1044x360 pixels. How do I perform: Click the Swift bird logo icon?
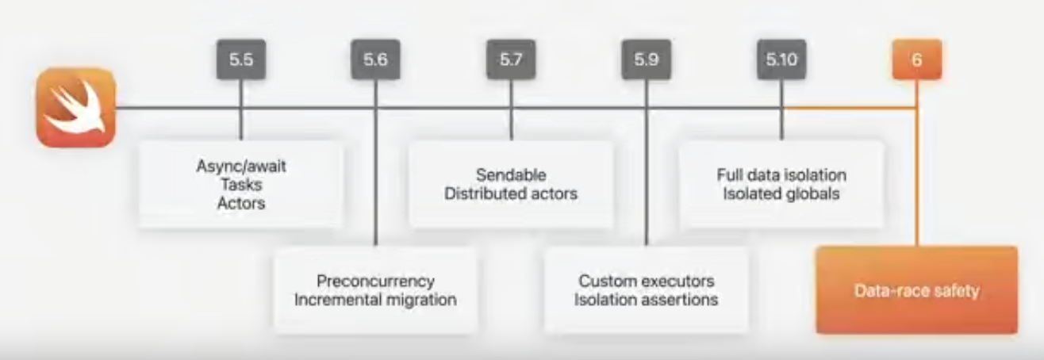pos(76,108)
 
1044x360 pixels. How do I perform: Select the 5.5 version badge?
pos(241,60)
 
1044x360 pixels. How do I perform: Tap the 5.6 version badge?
pos(376,60)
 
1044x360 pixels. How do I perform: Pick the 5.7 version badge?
pos(511,60)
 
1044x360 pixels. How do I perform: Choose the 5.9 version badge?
pos(646,60)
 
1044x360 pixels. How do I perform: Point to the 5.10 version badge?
pos(781,60)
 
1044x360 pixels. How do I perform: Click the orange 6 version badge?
pos(917,60)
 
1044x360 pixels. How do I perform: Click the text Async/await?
pos(240,167)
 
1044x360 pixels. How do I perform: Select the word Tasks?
pos(240,185)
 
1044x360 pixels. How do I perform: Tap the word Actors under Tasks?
pos(240,203)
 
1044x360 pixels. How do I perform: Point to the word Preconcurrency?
pos(375,281)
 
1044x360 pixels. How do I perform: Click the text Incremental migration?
pos(375,300)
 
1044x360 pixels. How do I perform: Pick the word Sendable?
pos(511,175)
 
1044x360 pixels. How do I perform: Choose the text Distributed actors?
pos(511,193)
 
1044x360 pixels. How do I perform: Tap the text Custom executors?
pos(646,281)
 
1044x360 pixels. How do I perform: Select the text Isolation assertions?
pos(646,300)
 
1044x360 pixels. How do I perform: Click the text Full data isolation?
pos(781,175)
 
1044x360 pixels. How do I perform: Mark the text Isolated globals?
pos(781,193)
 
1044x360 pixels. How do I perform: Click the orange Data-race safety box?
pos(916,291)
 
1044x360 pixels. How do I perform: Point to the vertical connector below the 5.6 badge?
pos(376,174)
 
